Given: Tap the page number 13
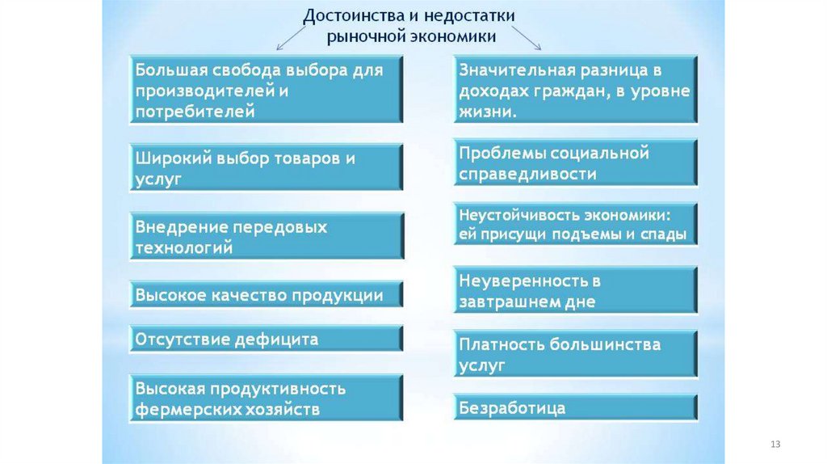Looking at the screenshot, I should tap(776, 445).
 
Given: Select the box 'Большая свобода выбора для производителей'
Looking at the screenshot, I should tap(266, 89).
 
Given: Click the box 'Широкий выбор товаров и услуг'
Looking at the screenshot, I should tap(266, 167).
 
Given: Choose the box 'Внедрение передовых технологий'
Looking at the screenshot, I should tap(266, 236).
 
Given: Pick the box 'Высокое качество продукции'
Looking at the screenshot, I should tap(266, 295).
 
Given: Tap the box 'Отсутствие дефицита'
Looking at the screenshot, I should tap(266, 339).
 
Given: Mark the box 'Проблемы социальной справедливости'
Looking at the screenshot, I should tap(574, 162).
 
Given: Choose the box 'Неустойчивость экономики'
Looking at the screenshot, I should tap(574, 225).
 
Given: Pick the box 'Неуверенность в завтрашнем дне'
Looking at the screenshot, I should tap(574, 291).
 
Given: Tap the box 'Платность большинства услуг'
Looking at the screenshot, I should tap(574, 354).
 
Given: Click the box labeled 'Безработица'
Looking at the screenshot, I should tap(574, 407).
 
